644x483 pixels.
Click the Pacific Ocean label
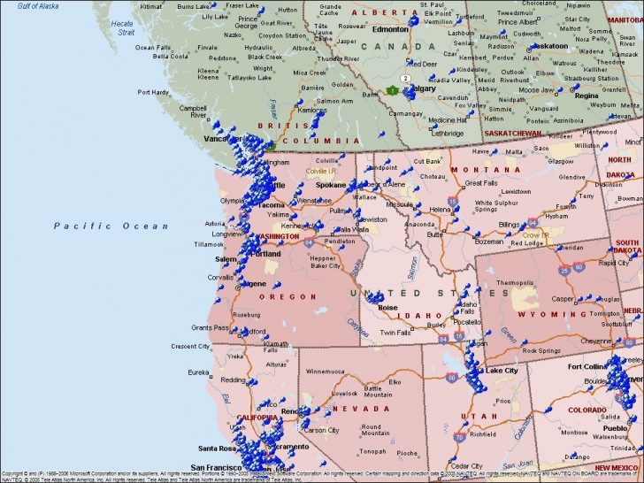(x=111, y=226)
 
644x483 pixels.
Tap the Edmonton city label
(x=390, y=29)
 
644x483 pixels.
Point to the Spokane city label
(x=331, y=185)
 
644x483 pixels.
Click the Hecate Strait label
(x=121, y=28)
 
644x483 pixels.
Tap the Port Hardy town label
(x=154, y=91)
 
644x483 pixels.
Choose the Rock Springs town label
(x=541, y=351)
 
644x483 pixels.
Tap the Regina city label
(x=586, y=96)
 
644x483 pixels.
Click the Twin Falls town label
(x=397, y=333)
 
